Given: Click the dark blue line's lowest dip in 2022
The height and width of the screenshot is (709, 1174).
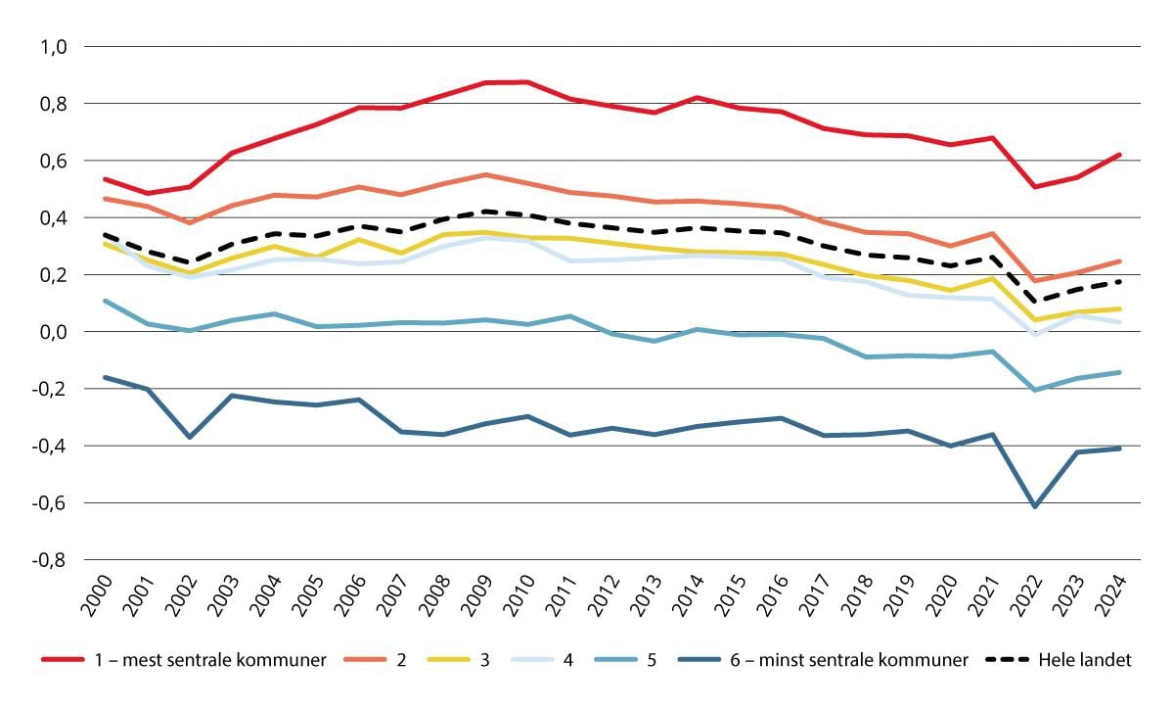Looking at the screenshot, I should pos(1035,506).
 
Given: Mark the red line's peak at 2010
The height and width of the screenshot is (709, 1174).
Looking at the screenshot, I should pos(527,82).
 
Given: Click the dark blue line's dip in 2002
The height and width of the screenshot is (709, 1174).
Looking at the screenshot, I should pos(189,437).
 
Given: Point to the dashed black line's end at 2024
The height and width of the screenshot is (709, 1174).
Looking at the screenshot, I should pos(1119,281).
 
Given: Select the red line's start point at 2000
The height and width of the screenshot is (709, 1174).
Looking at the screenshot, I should pos(105,179).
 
